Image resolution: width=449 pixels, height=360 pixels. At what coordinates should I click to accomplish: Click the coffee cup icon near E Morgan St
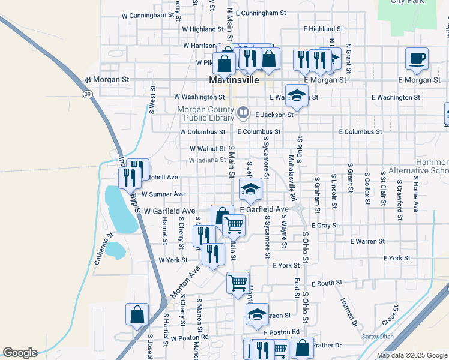point(417,59)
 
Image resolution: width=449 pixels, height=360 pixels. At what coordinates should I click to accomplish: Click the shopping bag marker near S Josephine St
point(137,314)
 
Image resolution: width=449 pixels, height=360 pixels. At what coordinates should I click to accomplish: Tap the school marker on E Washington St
point(297,95)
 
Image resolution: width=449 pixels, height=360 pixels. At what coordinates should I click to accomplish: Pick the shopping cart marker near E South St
point(238,282)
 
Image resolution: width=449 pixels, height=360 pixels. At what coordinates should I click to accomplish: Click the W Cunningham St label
point(151,16)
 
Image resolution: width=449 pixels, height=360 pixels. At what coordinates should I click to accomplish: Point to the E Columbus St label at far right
point(360,131)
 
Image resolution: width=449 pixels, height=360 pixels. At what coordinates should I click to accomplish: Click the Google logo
point(20,353)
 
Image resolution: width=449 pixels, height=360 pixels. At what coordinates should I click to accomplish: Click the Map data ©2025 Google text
point(412,355)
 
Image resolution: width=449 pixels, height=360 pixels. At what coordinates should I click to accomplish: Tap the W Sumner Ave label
point(163,194)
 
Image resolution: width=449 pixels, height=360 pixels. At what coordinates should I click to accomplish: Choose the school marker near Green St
point(257,314)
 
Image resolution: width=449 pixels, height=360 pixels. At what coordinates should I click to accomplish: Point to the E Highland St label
point(323,28)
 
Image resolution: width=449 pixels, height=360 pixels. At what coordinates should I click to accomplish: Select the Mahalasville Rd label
point(292,178)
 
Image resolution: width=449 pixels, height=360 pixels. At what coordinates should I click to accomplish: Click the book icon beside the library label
point(243,111)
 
